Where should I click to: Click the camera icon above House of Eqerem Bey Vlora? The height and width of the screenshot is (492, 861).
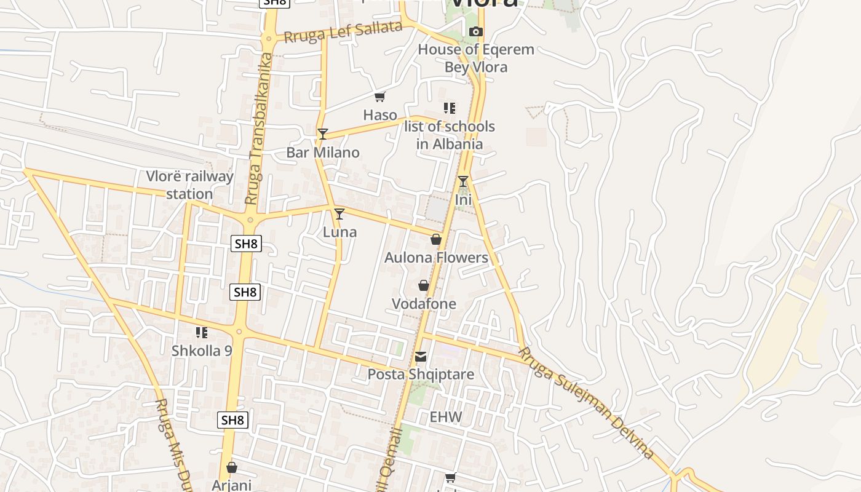475,31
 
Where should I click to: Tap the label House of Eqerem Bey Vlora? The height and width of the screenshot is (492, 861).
476,58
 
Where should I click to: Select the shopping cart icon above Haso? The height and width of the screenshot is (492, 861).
380,97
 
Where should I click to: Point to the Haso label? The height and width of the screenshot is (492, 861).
380,114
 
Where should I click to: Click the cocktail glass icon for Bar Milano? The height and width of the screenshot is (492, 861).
323,133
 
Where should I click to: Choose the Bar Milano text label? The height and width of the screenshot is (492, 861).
323,152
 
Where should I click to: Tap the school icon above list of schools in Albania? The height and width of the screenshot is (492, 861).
450,108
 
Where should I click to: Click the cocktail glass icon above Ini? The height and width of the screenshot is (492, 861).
463,181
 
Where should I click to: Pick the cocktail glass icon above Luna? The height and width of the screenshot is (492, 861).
339,213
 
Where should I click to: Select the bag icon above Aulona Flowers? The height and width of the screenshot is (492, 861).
436,239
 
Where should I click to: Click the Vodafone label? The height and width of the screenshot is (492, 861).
424,304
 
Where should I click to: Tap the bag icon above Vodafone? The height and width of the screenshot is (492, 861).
424,285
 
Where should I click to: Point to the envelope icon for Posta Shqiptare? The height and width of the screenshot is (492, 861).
421,357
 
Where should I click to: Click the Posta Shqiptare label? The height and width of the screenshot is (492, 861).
421,375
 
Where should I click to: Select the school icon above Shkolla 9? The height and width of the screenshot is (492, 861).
202,333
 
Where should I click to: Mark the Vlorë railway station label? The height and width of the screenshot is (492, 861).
189,185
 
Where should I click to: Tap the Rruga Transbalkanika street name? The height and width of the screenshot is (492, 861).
258,129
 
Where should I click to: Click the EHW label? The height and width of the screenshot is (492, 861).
446,417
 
